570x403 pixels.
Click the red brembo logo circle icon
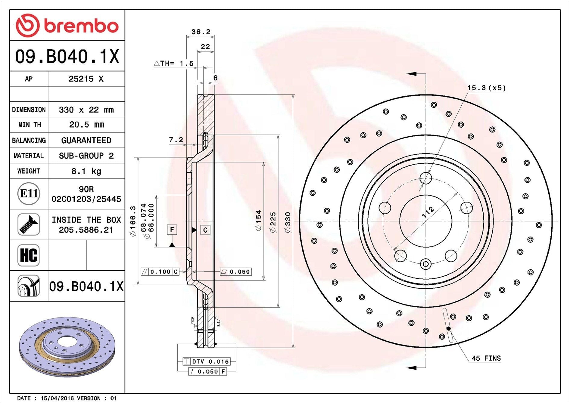tap(28, 25)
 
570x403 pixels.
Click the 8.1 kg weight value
tap(86, 171)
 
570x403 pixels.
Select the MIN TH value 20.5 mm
tap(86, 125)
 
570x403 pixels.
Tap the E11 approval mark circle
tap(29, 194)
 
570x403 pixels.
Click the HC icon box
tap(29, 255)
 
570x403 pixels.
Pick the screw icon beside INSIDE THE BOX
tap(29, 225)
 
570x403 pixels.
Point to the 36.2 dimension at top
tap(201, 32)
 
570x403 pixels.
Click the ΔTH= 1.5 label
tap(174, 63)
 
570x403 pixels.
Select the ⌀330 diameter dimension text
tap(288, 222)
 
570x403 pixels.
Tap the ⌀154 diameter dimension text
tap(259, 220)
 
